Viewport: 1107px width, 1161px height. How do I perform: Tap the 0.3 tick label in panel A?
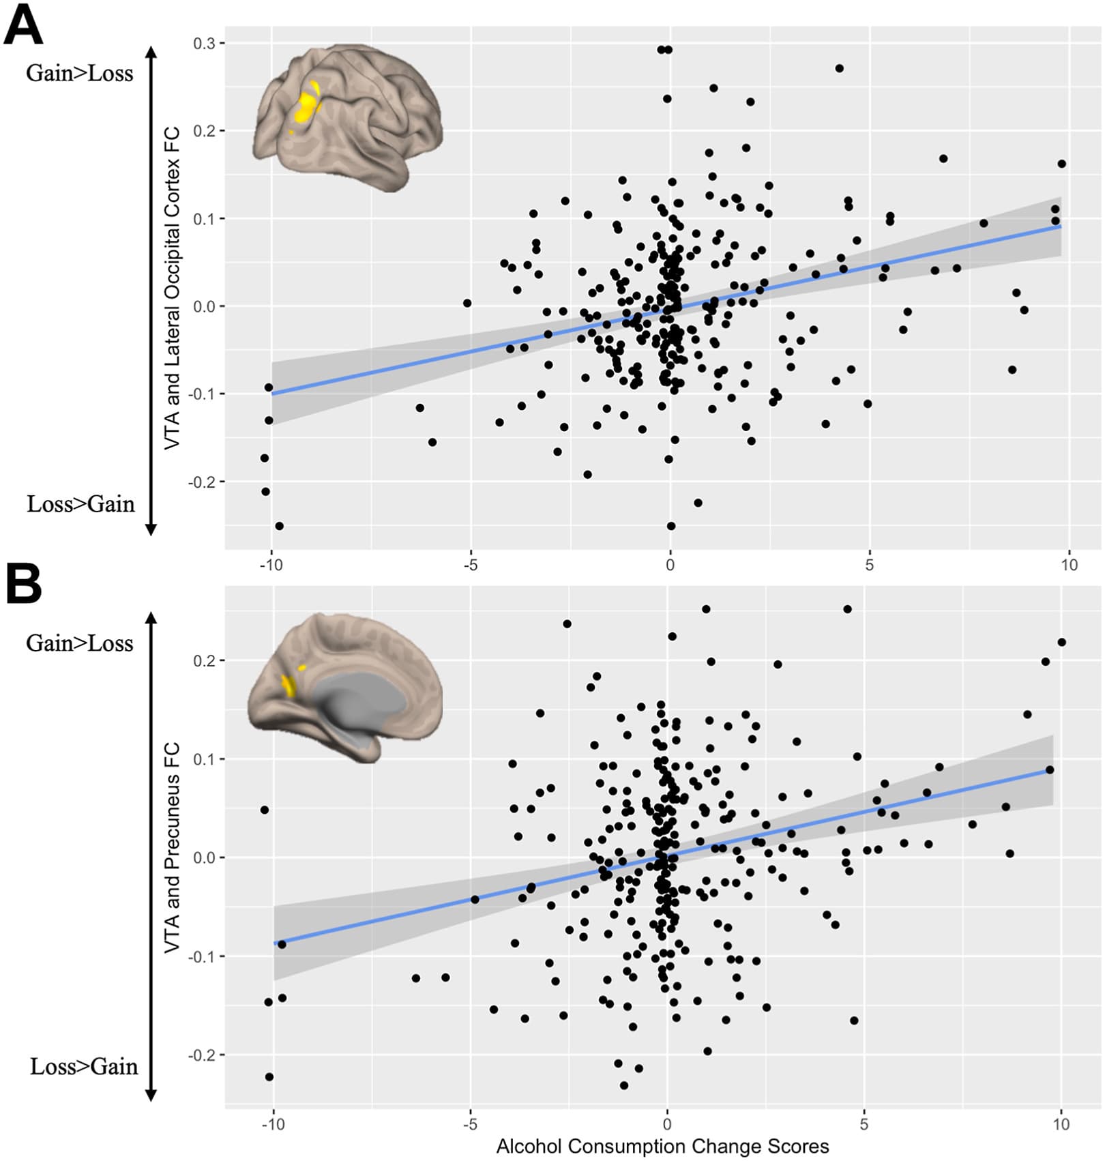[x=203, y=44]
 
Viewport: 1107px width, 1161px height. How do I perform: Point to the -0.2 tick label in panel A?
[x=201, y=482]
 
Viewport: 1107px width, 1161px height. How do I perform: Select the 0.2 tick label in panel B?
[x=203, y=661]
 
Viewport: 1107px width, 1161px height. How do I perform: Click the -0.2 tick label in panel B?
[x=201, y=1055]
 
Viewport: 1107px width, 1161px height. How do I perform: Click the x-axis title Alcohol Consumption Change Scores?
[x=662, y=1147]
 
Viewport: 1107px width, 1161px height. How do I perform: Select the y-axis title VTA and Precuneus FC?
[x=173, y=847]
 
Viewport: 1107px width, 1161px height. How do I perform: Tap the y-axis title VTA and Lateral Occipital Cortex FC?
[x=173, y=288]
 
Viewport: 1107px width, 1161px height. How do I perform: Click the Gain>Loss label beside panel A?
[x=79, y=74]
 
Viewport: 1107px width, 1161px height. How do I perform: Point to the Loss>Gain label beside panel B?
[x=83, y=1066]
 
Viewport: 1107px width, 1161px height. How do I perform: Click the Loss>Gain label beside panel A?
[x=80, y=504]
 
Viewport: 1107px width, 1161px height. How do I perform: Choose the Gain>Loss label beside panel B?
[x=79, y=643]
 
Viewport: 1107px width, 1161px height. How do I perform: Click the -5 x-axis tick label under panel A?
[x=470, y=565]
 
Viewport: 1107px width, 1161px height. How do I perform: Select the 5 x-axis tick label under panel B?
[x=864, y=1124]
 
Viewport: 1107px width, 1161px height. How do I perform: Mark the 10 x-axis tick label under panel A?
[x=1069, y=565]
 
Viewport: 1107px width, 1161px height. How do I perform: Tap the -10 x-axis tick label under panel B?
[x=273, y=1124]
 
